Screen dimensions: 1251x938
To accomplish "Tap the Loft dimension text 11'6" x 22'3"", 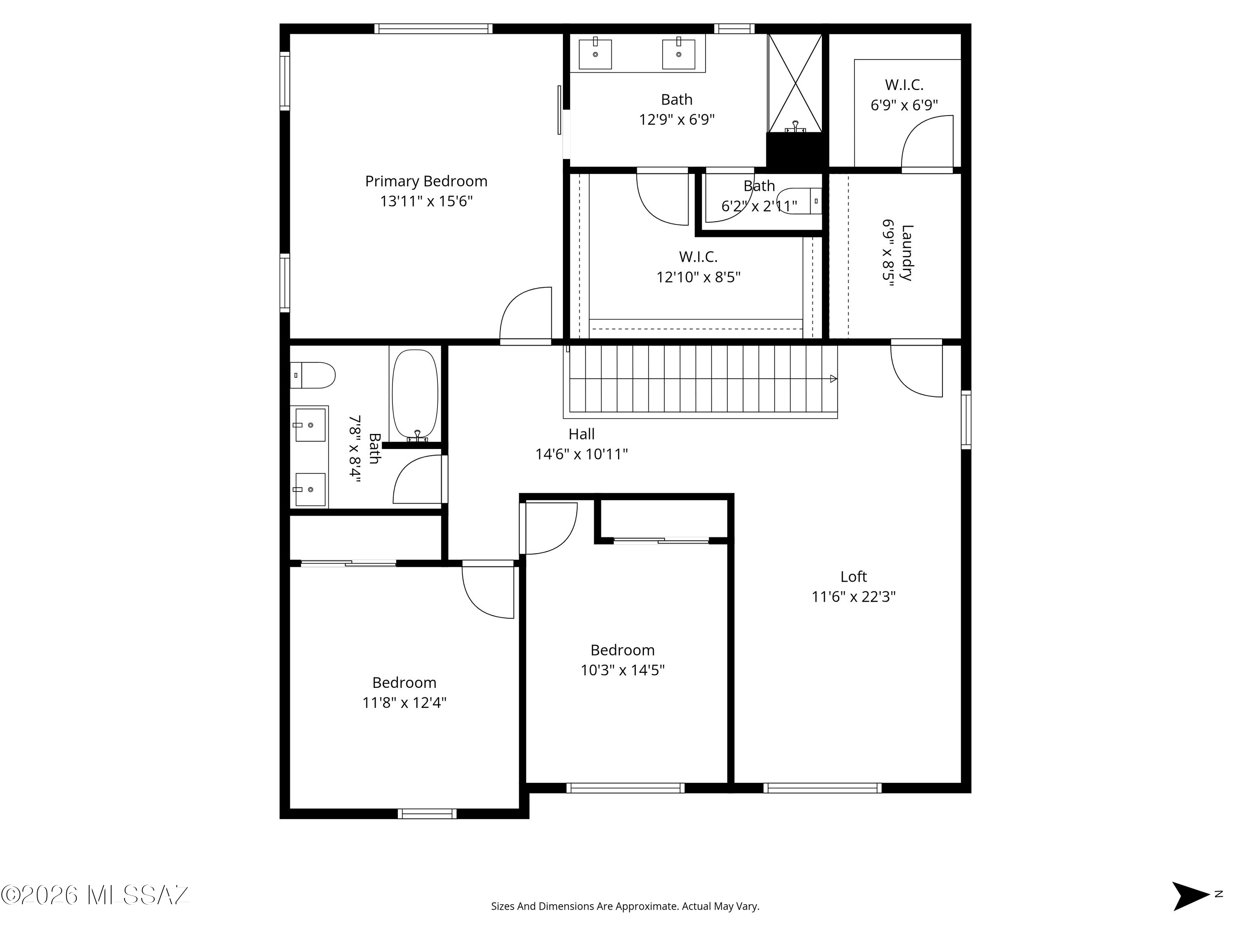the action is (x=854, y=597).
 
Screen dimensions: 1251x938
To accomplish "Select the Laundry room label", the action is (x=907, y=253).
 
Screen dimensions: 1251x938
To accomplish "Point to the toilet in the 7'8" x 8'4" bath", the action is (x=313, y=376).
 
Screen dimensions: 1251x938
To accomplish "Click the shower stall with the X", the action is (x=795, y=83).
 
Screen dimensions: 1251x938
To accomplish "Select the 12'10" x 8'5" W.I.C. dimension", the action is (x=698, y=277).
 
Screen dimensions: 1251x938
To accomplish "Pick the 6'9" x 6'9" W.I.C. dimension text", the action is (x=904, y=105).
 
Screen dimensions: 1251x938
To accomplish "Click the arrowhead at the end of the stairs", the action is (x=834, y=379).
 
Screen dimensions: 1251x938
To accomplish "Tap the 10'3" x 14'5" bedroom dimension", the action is (x=623, y=670).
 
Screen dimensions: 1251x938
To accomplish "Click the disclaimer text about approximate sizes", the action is (x=625, y=922).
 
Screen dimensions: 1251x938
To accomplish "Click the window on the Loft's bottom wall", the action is (x=822, y=788).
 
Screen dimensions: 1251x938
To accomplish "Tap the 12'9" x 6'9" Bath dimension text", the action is (x=677, y=120).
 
